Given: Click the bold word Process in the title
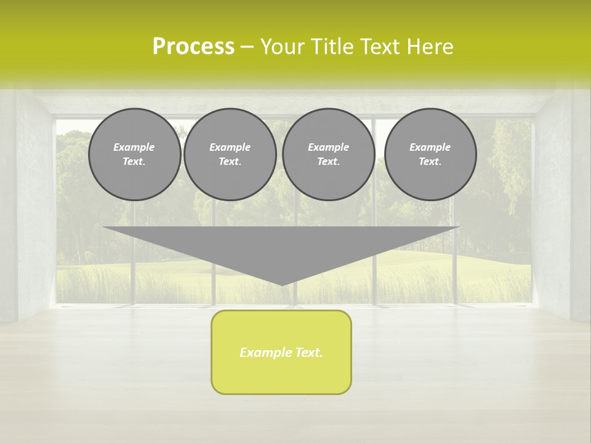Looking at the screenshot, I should point(193,47).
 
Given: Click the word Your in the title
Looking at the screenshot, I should point(283,47).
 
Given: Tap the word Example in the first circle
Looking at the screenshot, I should point(134,147).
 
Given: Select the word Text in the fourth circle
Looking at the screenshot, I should point(430,161).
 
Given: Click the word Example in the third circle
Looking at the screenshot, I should point(328,147).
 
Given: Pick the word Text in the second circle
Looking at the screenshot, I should point(230,161).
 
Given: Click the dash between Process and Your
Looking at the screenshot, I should point(247,47).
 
